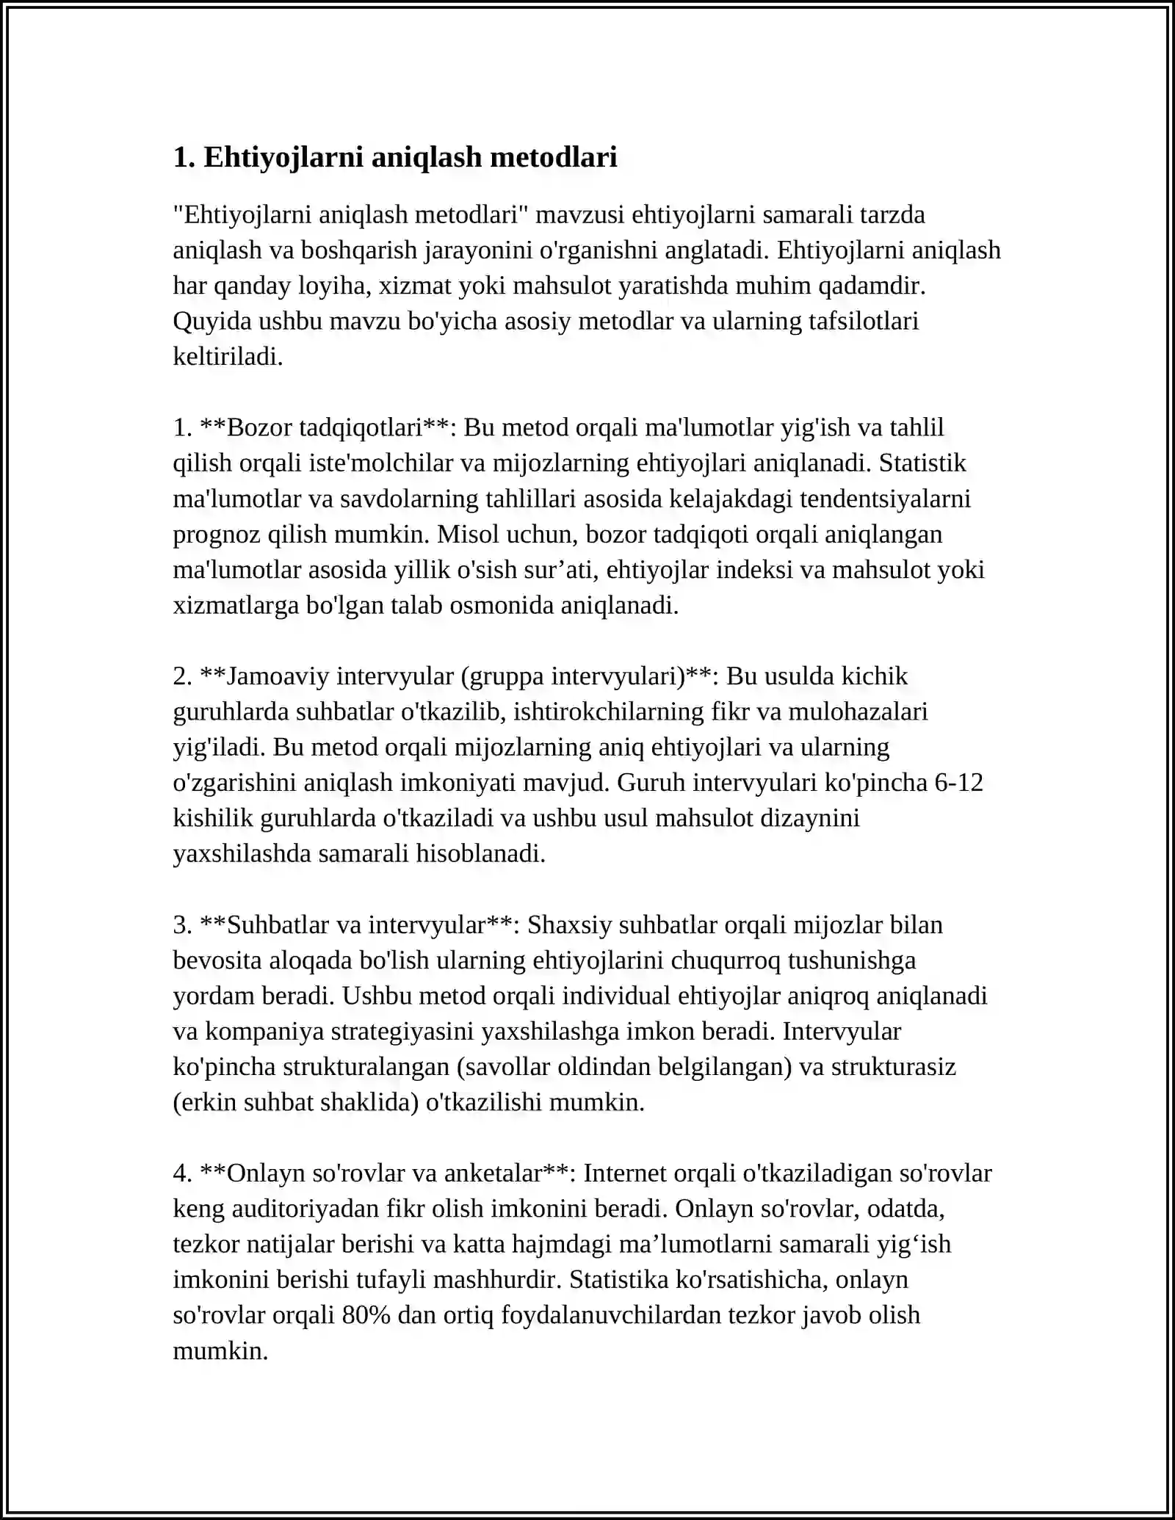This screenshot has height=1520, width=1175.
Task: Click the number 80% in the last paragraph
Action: pos(366,1314)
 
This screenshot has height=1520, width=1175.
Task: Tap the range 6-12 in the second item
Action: pos(958,782)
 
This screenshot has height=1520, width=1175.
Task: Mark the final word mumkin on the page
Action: pos(220,1350)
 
